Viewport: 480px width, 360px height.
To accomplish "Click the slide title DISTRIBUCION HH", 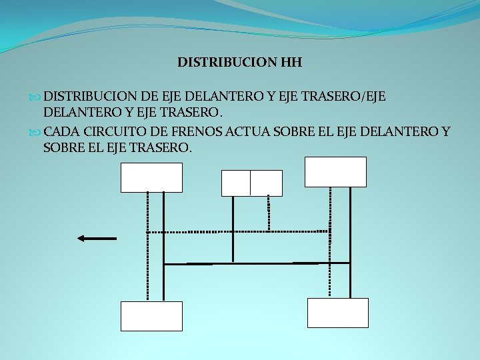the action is [239, 63].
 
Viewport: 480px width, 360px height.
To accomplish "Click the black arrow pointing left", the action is [97, 238].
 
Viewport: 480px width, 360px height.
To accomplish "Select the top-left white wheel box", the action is [151, 177].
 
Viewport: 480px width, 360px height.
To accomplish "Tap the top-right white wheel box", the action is [335, 171].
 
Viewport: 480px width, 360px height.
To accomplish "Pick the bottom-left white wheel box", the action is [151, 316].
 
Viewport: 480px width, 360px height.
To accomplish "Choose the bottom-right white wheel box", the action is [337, 313].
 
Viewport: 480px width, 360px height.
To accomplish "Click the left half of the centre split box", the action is [236, 183].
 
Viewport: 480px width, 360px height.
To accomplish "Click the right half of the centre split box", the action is [266, 183].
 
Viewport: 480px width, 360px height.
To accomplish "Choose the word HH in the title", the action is [291, 63].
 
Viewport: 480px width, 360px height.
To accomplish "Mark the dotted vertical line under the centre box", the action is [268, 213].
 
